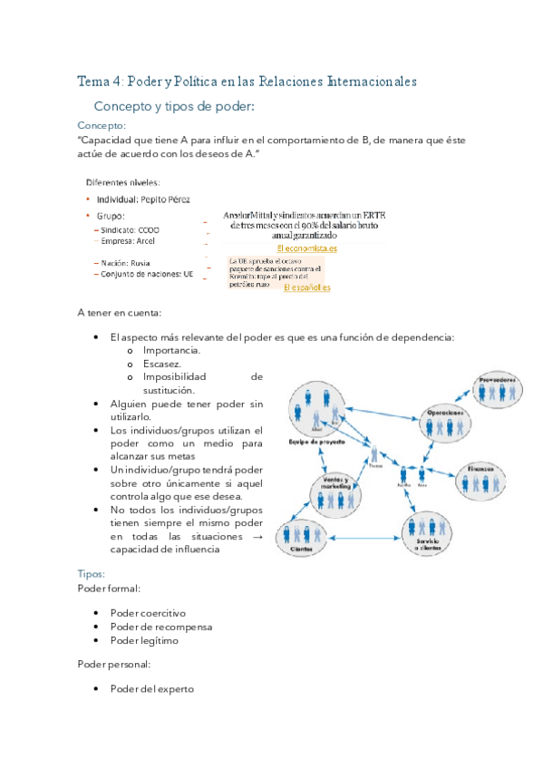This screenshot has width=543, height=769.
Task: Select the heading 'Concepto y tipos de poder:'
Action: [x=174, y=106]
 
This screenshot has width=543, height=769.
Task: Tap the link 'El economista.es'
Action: [x=306, y=248]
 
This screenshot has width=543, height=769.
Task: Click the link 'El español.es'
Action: [x=306, y=287]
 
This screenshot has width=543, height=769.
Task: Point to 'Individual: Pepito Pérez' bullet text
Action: [x=144, y=199]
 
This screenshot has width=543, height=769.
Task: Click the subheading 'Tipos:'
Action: [x=91, y=574]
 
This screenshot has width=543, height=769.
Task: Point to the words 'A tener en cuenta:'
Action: [x=120, y=313]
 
